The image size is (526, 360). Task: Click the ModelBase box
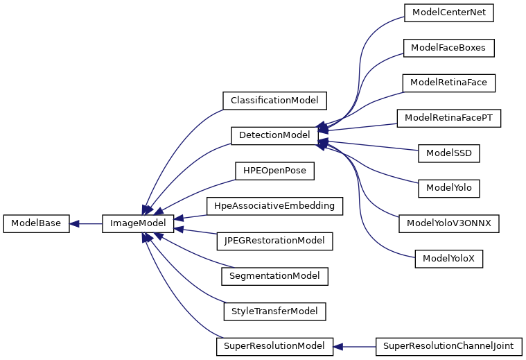click(x=36, y=223)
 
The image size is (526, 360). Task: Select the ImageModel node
click(x=138, y=223)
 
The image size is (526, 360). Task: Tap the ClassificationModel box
click(x=274, y=101)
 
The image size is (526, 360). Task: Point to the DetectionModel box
click(x=274, y=136)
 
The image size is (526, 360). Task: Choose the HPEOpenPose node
click(x=274, y=171)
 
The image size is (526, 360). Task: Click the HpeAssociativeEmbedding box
click(x=274, y=206)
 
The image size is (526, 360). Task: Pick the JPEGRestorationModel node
click(x=274, y=241)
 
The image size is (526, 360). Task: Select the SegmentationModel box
click(x=274, y=276)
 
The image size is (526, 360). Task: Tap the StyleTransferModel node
click(x=274, y=311)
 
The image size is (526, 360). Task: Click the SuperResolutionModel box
click(x=274, y=347)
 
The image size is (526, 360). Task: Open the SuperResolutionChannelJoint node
click(x=448, y=347)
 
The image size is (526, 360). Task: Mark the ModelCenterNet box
click(x=449, y=12)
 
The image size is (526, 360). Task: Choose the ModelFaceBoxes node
click(x=448, y=48)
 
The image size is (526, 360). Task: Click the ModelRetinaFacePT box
click(x=449, y=118)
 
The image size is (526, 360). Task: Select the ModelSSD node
click(x=449, y=153)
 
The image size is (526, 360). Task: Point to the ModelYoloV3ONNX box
click(x=449, y=223)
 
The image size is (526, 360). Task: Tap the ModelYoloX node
click(x=449, y=259)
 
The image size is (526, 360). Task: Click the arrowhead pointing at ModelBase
click(x=73, y=223)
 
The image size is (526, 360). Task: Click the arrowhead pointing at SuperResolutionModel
click(x=337, y=347)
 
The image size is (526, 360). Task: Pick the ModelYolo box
click(x=449, y=189)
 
